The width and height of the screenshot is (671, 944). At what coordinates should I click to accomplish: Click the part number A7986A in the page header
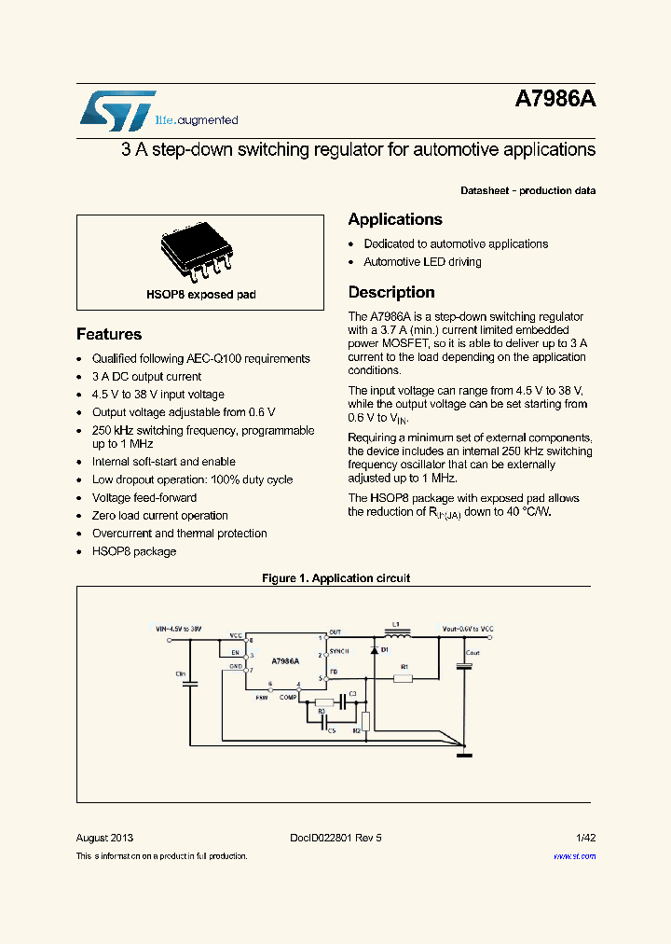tap(555, 101)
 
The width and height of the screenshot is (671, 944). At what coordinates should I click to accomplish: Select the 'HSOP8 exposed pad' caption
tap(200, 295)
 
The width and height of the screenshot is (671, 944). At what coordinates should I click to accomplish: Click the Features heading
tap(109, 334)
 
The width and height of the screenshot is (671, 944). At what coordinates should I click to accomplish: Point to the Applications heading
tap(395, 219)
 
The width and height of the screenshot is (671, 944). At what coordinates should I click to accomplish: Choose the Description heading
tap(391, 292)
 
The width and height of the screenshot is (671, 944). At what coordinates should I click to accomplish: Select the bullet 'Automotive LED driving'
tap(422, 262)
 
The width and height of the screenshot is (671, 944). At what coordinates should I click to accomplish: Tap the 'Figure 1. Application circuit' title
tap(335, 578)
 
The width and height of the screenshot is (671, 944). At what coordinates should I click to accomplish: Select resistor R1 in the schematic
tap(403, 678)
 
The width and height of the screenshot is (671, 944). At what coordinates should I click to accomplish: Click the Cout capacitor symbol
tap(463, 666)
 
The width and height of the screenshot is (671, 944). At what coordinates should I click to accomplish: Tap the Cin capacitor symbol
tap(191, 684)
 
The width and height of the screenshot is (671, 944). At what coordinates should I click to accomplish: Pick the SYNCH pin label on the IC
tap(338, 655)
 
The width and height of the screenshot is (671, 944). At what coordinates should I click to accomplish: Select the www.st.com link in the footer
tap(574, 856)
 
